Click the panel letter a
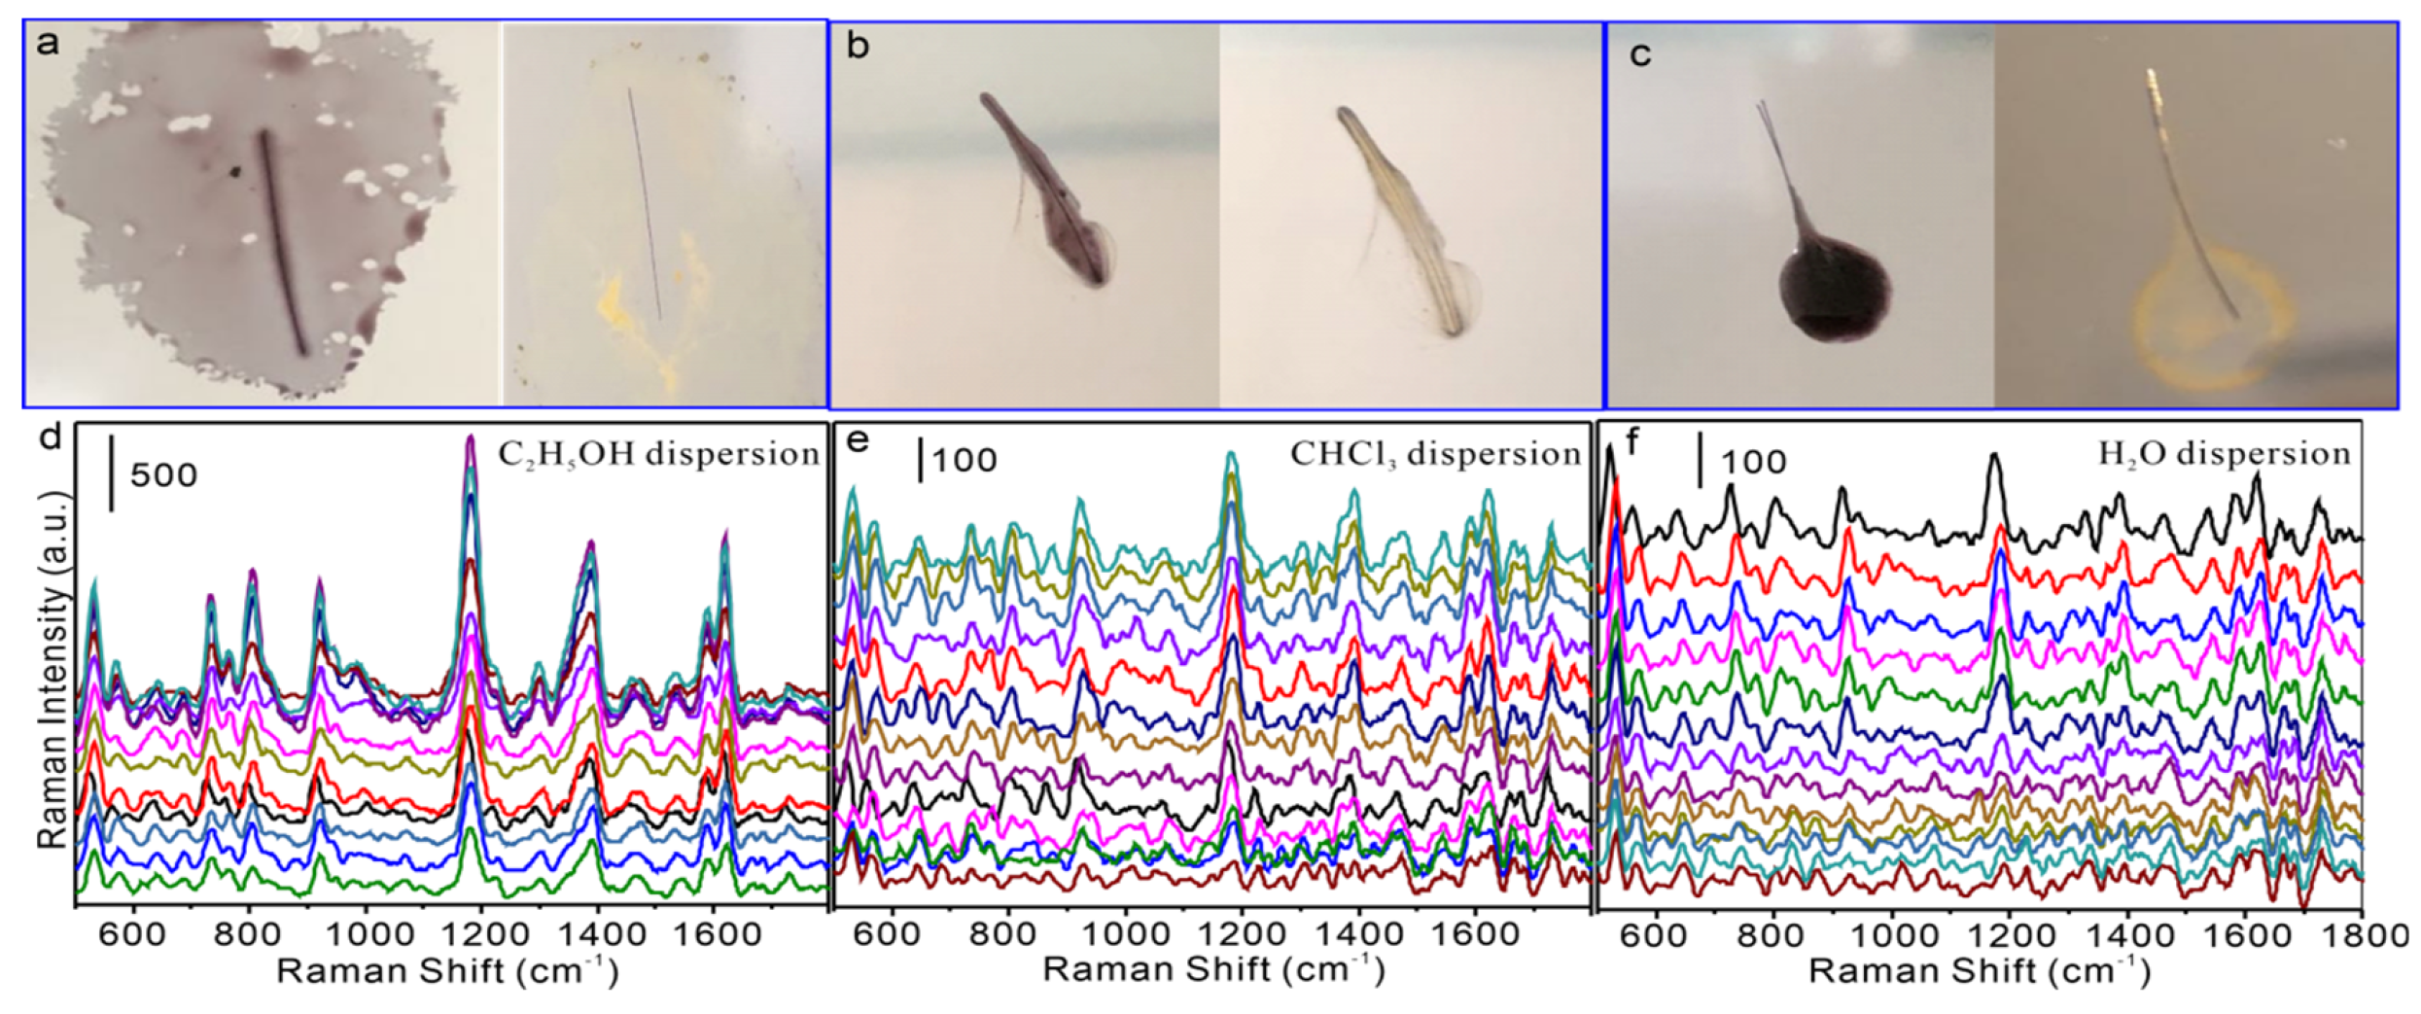[x=47, y=45]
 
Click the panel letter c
[x=1640, y=54]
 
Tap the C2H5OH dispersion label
[x=658, y=454]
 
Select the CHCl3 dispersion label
[x=1435, y=454]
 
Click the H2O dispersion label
[x=2224, y=454]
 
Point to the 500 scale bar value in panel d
[x=163, y=475]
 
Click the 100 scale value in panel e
[x=965, y=460]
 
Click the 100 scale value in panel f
[x=1753, y=462]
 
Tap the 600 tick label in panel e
[x=891, y=934]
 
